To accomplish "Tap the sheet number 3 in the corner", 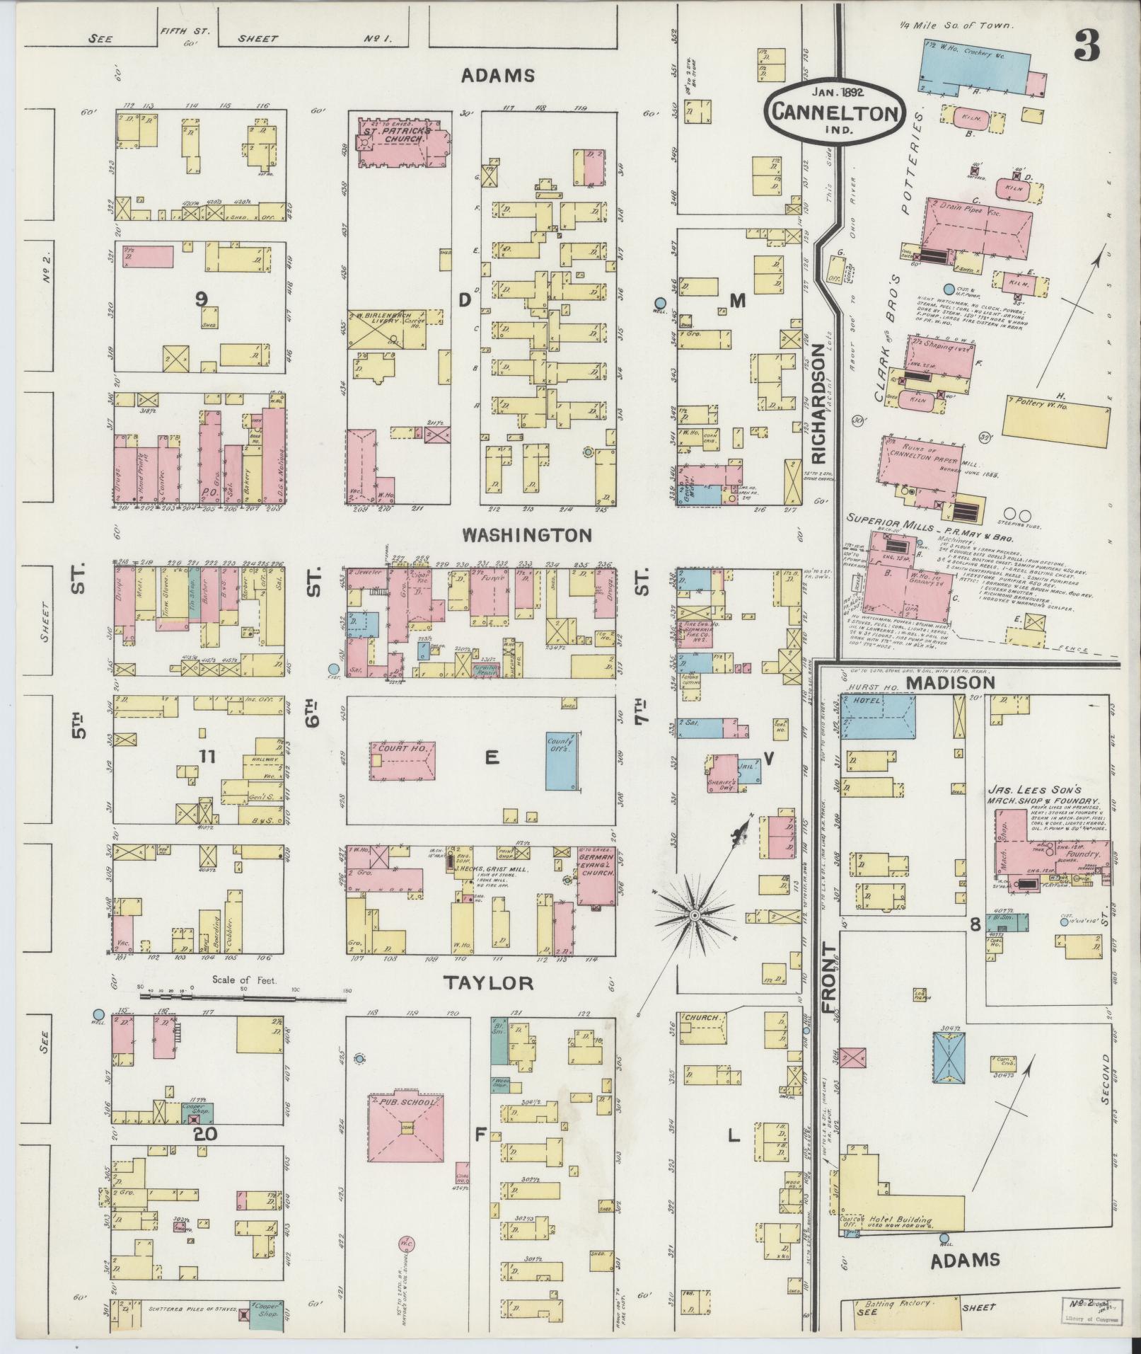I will (1086, 47).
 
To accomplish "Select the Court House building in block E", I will (401, 760).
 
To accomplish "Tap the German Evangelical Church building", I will (596, 875).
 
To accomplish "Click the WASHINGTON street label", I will (526, 535).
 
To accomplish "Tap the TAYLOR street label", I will (487, 982).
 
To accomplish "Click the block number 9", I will (202, 300).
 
